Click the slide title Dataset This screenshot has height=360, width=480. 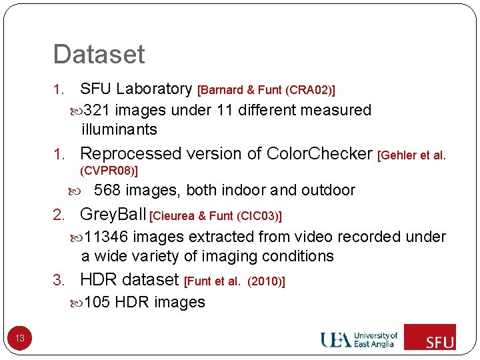(99, 54)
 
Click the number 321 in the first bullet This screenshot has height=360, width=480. (97, 110)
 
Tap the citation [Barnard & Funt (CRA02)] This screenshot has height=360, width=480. (267, 90)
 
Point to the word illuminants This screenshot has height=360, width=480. (119, 129)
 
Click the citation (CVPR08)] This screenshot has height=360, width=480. (109, 171)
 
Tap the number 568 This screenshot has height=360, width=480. (107, 190)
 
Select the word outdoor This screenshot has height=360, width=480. (328, 190)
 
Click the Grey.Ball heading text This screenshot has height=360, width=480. (113, 214)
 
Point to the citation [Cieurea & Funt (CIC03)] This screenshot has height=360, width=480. (217, 215)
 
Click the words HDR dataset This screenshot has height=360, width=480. (129, 279)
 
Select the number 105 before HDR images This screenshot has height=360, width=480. (97, 302)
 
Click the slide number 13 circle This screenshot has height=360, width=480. (20, 338)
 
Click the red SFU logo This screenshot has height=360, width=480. (430, 337)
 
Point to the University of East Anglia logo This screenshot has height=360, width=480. (359, 339)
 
